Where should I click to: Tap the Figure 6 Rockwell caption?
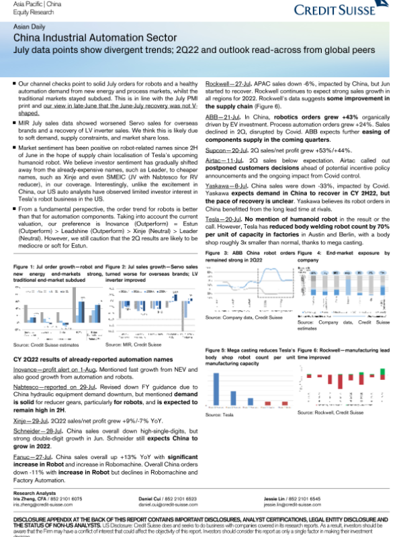click(x=343, y=354)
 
